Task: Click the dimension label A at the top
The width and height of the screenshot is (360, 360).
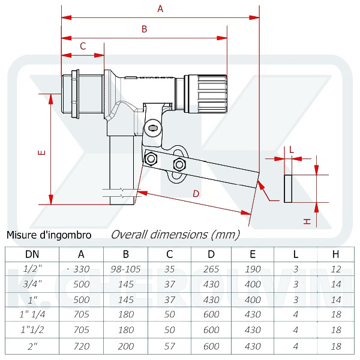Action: (160, 8)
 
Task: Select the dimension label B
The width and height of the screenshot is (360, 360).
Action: (144, 29)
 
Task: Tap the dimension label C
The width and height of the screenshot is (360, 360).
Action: (83, 46)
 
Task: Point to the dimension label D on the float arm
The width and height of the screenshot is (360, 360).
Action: (196, 193)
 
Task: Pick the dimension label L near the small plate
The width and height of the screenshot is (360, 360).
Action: (291, 150)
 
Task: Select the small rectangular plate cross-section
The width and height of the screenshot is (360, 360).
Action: (288, 188)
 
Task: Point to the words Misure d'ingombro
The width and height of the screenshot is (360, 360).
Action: (49, 235)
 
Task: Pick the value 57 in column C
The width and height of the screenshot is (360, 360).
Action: (169, 346)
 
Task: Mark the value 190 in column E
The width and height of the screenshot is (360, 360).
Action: (253, 269)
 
